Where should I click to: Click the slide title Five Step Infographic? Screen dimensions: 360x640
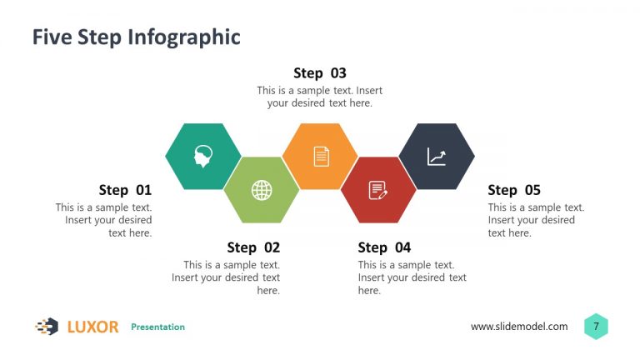click(x=136, y=37)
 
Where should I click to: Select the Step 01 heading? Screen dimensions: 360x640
click(x=125, y=190)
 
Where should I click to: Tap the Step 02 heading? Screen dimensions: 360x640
click(x=253, y=247)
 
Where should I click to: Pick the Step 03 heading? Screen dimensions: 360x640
click(x=320, y=73)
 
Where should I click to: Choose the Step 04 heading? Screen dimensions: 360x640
click(x=384, y=247)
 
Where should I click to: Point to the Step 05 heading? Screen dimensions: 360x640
click(x=514, y=190)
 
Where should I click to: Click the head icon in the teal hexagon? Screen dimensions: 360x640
click(x=203, y=156)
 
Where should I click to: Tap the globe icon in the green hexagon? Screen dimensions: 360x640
click(x=262, y=190)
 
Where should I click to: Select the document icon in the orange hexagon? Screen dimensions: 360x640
click(x=321, y=156)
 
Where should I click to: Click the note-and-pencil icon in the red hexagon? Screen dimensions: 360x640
click(x=378, y=190)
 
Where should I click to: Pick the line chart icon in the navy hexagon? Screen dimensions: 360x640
click(x=437, y=157)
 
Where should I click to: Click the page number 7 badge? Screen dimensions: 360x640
click(x=596, y=327)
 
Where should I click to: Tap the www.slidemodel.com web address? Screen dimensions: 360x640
click(x=519, y=327)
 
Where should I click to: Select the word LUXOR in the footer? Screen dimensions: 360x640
click(x=92, y=327)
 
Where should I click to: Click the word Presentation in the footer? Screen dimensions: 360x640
click(x=157, y=327)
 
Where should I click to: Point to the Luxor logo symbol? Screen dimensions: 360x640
click(x=47, y=327)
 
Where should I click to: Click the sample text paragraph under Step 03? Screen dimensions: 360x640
click(x=320, y=97)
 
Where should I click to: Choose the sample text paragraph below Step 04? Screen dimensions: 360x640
click(x=412, y=277)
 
